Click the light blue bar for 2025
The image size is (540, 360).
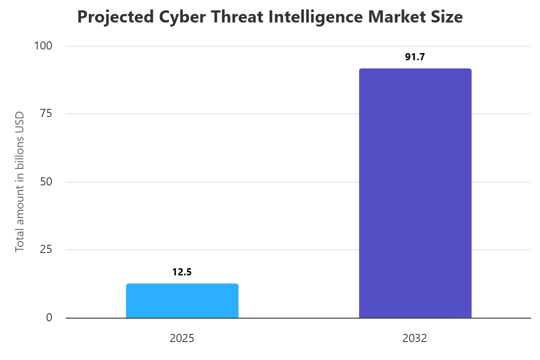click(182, 301)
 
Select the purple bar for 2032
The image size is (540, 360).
click(415, 193)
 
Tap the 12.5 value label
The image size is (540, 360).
click(182, 272)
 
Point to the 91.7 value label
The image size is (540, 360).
click(415, 57)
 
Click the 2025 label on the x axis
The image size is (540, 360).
click(182, 338)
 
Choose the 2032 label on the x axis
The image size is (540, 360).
click(415, 338)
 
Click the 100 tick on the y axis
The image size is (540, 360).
click(44, 46)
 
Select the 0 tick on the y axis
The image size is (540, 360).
click(49, 318)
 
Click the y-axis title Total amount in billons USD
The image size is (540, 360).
click(19, 181)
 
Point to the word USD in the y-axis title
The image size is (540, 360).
click(19, 120)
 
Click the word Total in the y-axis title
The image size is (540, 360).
click(19, 241)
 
